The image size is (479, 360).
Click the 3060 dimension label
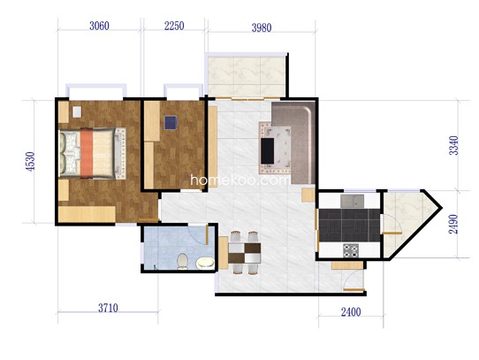point(99,26)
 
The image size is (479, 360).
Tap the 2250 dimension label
point(174,26)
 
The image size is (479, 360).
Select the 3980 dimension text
point(262,27)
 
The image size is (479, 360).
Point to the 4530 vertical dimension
point(31,161)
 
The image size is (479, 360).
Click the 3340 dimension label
point(453,145)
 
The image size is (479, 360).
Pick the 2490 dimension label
point(453,224)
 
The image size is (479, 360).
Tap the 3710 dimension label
point(108,308)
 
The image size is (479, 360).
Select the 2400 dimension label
point(351,312)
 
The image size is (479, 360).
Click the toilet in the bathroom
point(182,262)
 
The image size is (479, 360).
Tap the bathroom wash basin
point(205,263)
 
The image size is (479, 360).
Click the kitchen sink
point(353,201)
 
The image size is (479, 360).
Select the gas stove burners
point(350,250)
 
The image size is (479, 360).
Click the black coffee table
point(267,150)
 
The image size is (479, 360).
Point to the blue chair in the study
point(171,123)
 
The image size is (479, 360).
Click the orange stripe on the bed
point(87,153)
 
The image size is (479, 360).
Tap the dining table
point(245,253)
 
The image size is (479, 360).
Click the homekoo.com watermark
point(240,180)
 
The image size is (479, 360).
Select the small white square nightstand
point(77,111)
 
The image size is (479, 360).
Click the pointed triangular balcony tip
point(441,208)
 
